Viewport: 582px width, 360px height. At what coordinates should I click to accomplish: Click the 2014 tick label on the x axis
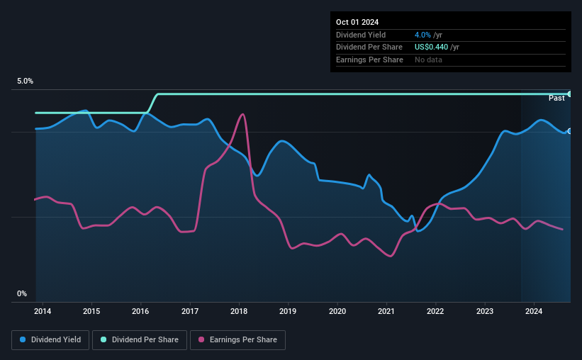click(x=42, y=311)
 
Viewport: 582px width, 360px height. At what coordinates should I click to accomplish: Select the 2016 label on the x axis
click(x=140, y=311)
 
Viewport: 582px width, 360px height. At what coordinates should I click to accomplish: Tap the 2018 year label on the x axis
click(x=239, y=311)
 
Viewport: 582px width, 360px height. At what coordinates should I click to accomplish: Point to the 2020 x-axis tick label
click(x=337, y=311)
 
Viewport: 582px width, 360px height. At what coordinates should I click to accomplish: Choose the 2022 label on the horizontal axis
click(x=435, y=311)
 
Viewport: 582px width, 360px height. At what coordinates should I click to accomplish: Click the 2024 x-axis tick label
click(x=534, y=311)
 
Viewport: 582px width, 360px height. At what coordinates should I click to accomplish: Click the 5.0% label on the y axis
click(x=25, y=81)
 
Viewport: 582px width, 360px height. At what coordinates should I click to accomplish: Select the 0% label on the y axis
click(x=22, y=293)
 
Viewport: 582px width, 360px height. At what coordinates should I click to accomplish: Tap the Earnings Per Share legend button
click(x=237, y=340)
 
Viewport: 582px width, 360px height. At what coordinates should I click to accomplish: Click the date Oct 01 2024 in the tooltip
click(x=359, y=22)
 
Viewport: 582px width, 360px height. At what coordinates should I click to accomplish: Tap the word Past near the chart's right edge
click(x=556, y=98)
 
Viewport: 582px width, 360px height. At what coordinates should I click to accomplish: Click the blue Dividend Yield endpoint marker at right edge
click(x=569, y=131)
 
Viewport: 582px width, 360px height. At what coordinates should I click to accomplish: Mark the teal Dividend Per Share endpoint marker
click(x=569, y=94)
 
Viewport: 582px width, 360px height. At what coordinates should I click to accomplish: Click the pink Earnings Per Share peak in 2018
click(x=243, y=114)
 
